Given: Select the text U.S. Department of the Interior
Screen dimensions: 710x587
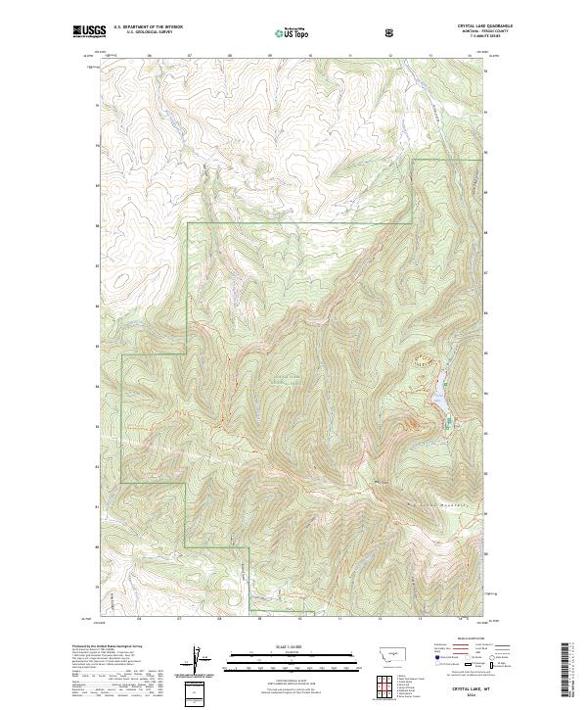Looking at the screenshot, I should (x=148, y=26).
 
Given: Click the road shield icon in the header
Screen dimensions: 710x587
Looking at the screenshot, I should (x=391, y=31).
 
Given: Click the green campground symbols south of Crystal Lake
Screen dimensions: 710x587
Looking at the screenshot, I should (x=450, y=423).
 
